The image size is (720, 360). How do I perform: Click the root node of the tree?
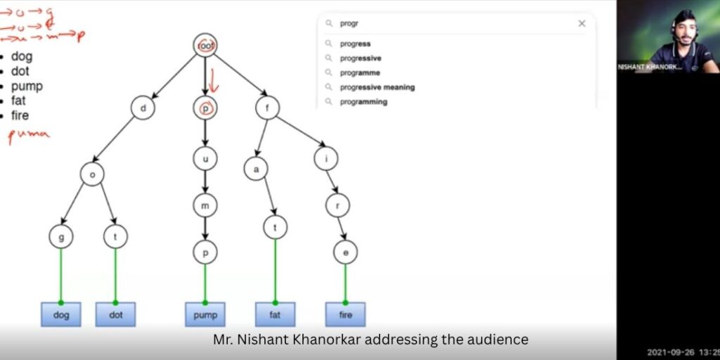pyautogui.click(x=205, y=46)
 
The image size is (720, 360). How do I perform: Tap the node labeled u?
pyautogui.click(x=205, y=159)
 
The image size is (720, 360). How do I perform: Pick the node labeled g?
pyautogui.click(x=61, y=237)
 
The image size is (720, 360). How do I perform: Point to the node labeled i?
pyautogui.click(x=326, y=159)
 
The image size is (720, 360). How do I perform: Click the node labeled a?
pyautogui.click(x=256, y=169)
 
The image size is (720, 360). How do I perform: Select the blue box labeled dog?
pyautogui.click(x=61, y=314)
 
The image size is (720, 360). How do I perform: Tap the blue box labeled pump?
pyautogui.click(x=205, y=314)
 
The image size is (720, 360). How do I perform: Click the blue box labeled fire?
pyautogui.click(x=345, y=314)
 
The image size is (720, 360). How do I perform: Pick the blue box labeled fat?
pyautogui.click(x=275, y=314)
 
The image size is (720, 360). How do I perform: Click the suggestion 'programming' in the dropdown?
pyautogui.click(x=363, y=102)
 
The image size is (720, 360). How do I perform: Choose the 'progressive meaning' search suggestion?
pyautogui.click(x=377, y=87)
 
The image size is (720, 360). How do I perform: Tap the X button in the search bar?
pyautogui.click(x=581, y=24)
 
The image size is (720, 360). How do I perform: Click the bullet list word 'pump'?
pyautogui.click(x=27, y=86)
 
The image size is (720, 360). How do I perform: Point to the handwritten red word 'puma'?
pyautogui.click(x=29, y=135)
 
